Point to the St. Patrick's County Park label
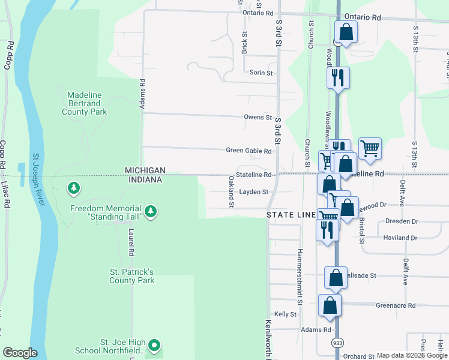coord(131,276)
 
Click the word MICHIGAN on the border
coord(145,170)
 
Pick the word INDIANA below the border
coord(145,180)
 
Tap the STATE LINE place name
coord(292,214)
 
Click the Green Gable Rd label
coord(249,151)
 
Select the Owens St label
coord(258,118)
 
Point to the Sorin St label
coord(261,73)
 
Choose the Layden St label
coord(253,192)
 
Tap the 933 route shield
coord(337,343)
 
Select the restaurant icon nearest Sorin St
coord(337,77)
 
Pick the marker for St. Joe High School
coord(154,345)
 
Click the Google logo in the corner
coord(20,353)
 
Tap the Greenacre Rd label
coord(396,305)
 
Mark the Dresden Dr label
coord(402,221)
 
